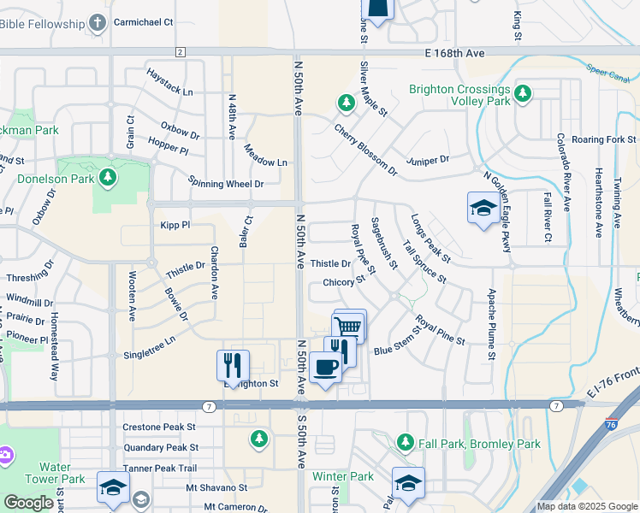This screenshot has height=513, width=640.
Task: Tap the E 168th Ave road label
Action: coord(454,53)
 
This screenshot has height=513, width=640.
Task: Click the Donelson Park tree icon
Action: coord(108,178)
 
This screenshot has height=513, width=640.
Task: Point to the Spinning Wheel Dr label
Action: coord(226,184)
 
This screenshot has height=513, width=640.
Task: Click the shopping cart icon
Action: coord(349,325)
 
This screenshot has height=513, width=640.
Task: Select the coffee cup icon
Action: coord(325,368)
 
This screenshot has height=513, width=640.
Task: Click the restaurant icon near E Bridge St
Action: coord(233,365)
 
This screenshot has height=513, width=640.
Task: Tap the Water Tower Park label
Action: coord(56,473)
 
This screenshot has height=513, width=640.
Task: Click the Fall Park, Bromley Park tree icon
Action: coord(406,443)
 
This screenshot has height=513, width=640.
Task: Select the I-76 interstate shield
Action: coord(611,423)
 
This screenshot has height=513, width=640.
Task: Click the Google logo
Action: coord(29,503)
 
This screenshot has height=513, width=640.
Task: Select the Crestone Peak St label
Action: coord(159,427)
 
